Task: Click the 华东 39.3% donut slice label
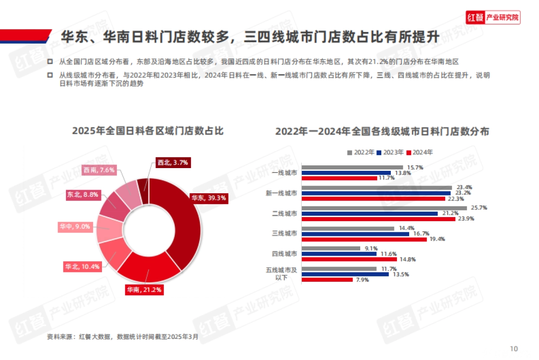208,198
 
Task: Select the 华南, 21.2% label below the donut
144,290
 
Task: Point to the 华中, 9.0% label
75,227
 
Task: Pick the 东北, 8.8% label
83,195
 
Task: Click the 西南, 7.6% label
99,170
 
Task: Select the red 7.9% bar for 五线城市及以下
327,280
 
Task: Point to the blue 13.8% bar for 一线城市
346,173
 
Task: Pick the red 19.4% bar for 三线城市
364,239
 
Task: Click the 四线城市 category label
284,254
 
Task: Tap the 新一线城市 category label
281,193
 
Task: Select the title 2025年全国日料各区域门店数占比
148,131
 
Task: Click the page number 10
514,349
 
